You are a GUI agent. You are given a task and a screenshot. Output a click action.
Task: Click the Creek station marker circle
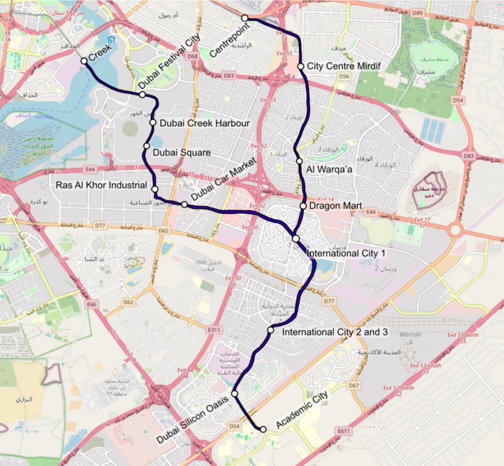84,61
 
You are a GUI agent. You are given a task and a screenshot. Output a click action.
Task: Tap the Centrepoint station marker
244,18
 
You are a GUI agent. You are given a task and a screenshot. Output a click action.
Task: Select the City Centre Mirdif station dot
301,66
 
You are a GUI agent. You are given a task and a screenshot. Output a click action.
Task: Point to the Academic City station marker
263,429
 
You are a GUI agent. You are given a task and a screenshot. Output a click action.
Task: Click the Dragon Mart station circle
303,206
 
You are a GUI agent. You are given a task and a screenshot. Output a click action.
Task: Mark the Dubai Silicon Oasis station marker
234,394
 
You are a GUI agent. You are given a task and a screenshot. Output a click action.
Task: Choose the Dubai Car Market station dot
184,205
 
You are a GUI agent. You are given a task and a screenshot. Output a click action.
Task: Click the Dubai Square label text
181,152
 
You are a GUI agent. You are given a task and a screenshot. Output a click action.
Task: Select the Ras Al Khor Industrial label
102,186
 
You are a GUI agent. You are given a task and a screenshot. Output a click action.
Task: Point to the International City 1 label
346,252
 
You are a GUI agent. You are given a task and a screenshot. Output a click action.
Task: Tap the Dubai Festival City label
169,62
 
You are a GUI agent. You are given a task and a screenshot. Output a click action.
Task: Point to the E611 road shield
343,431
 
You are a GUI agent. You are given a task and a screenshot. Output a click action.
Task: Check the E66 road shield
91,304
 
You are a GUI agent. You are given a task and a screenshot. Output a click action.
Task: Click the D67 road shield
354,385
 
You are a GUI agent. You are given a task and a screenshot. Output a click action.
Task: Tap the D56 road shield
343,77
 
